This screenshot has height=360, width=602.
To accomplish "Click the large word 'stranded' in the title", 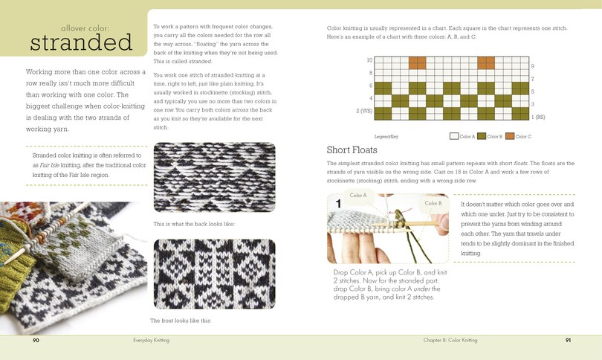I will tap(82, 42).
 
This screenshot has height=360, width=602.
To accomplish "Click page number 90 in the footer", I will tap(36, 340).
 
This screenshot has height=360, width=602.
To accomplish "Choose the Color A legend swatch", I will tap(453, 137).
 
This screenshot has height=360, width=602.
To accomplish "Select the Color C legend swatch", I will tap(508, 137).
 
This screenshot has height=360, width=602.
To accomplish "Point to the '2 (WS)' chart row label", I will tap(364, 111).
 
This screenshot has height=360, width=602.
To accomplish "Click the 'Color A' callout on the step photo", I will tap(358, 196).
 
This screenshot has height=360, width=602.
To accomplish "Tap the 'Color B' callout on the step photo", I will tap(433, 203).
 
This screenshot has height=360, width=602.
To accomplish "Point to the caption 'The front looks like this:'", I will tap(181, 320).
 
